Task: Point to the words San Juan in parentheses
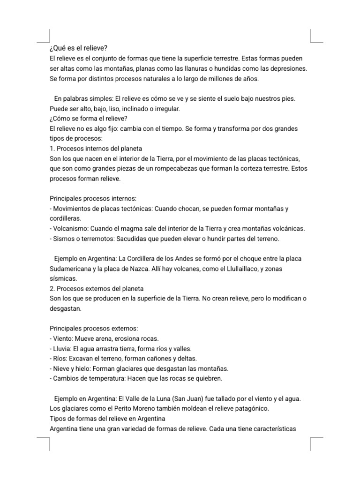click(x=191, y=398)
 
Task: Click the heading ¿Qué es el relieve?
click(x=79, y=49)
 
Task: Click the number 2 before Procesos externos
click(x=52, y=288)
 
